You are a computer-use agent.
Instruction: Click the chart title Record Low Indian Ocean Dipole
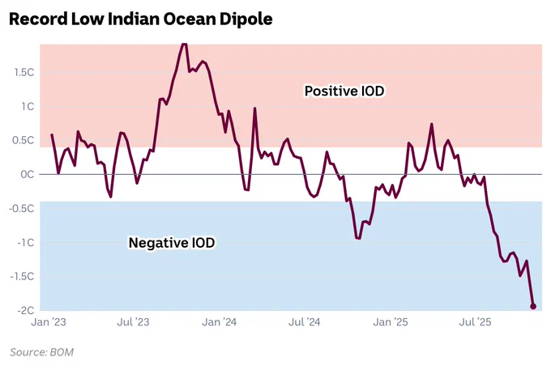click(140, 19)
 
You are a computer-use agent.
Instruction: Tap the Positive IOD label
click(344, 91)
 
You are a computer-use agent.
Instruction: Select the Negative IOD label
click(172, 243)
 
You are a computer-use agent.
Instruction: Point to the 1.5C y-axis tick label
click(24, 72)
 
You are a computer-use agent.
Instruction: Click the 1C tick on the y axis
click(28, 106)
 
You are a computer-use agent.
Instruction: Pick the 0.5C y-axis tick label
click(23, 140)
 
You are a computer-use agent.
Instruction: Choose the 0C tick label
click(28, 174)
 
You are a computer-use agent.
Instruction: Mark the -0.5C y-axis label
click(22, 209)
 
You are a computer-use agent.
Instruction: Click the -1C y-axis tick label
click(26, 243)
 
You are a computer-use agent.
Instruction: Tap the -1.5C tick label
click(22, 277)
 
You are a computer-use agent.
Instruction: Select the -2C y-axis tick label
click(26, 310)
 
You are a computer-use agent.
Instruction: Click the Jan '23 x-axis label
click(49, 322)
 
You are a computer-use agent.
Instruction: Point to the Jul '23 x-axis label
click(133, 322)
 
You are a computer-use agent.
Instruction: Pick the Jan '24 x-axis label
click(220, 322)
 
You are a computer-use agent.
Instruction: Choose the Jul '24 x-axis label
click(305, 322)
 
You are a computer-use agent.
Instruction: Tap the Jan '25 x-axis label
click(391, 322)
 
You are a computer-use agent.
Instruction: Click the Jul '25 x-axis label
click(475, 322)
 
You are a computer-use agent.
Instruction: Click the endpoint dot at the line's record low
click(533, 307)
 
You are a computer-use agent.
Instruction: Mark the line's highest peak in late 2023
click(184, 45)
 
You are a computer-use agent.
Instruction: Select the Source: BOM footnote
click(42, 352)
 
